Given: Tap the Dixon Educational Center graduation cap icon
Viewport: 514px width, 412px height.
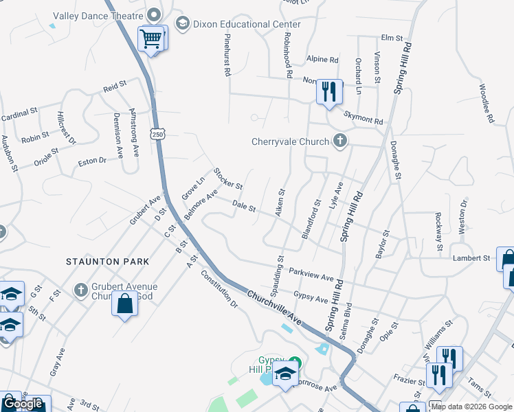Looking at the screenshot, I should (x=182, y=25).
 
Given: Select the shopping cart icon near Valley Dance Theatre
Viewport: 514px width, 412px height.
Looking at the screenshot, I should (x=151, y=38).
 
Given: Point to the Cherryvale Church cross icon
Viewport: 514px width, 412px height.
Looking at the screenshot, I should (x=339, y=141).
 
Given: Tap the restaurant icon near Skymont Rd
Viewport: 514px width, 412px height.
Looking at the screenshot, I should (x=329, y=91).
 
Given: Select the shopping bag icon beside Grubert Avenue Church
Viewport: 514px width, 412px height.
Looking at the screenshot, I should (x=124, y=304).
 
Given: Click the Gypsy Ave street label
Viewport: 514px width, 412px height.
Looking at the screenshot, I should (x=311, y=299).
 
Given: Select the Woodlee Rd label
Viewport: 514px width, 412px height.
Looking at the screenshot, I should (x=487, y=104).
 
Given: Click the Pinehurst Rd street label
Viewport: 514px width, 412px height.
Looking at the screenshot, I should (x=226, y=56).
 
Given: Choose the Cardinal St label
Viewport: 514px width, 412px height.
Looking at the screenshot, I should (x=19, y=113).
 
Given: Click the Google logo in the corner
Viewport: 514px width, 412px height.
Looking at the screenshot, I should (x=23, y=404).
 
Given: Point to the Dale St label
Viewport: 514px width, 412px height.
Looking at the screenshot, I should (x=243, y=205).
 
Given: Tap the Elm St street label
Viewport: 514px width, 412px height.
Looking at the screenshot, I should (x=390, y=38).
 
